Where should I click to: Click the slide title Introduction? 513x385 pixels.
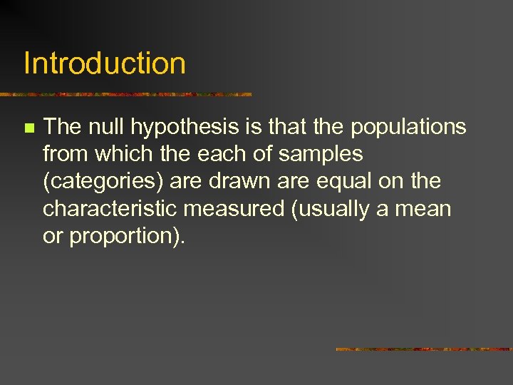[x=105, y=63]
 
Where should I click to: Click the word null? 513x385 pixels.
[x=107, y=127]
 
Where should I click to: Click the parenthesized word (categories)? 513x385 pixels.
[x=104, y=183]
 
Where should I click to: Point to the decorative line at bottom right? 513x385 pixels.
[x=424, y=349]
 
